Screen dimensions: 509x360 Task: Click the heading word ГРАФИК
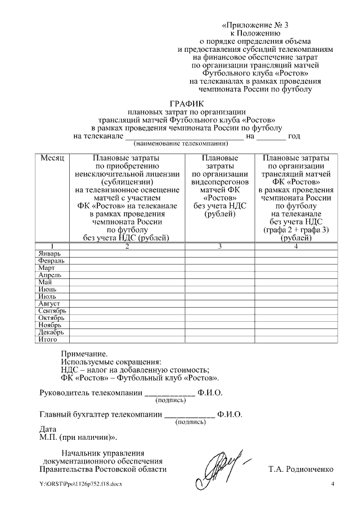click(187, 103)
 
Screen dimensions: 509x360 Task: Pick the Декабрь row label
click(51, 332)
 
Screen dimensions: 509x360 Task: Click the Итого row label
click(47, 340)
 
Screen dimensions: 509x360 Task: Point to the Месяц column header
click(52, 159)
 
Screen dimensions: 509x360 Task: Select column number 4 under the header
click(296, 246)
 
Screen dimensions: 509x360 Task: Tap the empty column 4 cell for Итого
click(296, 340)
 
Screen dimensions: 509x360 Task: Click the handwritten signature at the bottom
click(222, 465)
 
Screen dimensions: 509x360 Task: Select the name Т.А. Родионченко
click(301, 469)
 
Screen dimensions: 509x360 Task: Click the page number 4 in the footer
click(332, 485)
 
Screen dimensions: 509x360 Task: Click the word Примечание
click(84, 354)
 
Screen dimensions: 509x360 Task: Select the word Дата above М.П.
click(48, 429)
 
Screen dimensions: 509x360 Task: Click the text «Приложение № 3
click(259, 25)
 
